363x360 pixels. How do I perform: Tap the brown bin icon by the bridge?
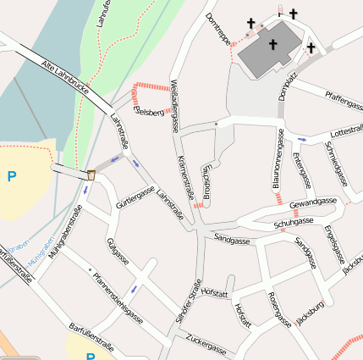click(91, 174)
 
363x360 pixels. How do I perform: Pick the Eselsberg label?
click(149, 113)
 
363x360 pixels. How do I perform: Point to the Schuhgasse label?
click(293, 224)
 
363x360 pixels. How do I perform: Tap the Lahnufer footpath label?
click(104, 15)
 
